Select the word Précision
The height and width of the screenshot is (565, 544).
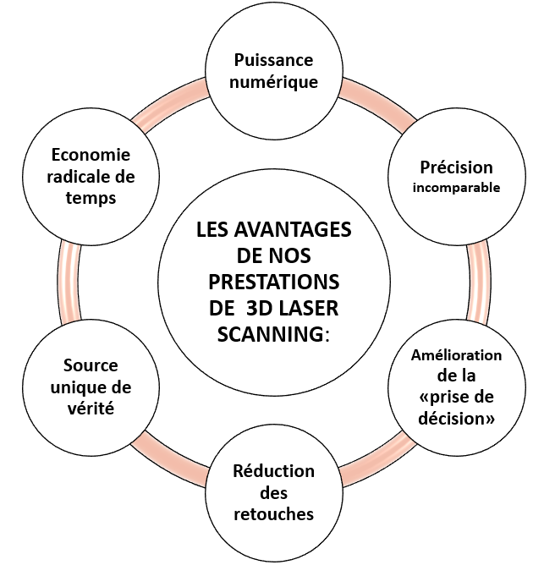pyautogui.click(x=457, y=167)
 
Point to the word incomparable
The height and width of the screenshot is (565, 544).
pyautogui.click(x=457, y=187)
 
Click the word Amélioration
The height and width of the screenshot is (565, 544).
pyautogui.click(x=457, y=355)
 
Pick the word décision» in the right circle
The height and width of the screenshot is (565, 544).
pyautogui.click(x=457, y=418)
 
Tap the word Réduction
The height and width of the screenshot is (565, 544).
pyautogui.click(x=273, y=471)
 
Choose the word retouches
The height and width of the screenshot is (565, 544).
pyautogui.click(x=273, y=513)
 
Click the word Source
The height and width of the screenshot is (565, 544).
pyautogui.click(x=91, y=366)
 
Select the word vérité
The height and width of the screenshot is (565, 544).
pyautogui.click(x=91, y=409)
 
